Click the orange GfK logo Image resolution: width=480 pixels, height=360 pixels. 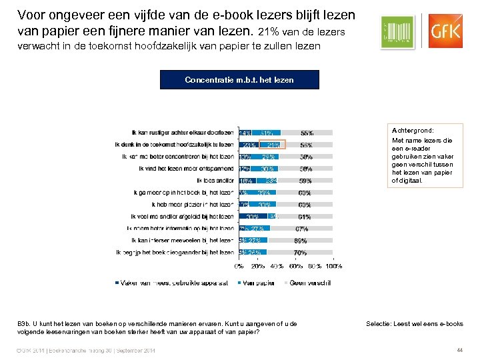pos(443,31)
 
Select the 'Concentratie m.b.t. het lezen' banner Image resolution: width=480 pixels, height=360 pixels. pos(239,80)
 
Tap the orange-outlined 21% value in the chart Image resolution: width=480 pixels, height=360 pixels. pos(273,145)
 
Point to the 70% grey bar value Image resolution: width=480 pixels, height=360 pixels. pos(301,253)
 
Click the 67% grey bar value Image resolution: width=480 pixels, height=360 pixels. pos(301,229)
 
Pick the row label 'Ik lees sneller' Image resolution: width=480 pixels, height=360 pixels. pos(215,181)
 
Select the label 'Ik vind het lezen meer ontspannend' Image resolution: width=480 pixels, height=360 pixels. pos(186,169)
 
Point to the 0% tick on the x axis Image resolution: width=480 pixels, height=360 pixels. pos(239,266)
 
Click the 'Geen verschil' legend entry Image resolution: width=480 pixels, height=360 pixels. pos(307,283)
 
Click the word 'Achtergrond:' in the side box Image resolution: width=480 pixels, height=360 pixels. pos(412,131)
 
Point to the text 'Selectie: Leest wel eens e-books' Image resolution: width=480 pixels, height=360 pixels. pos(415,324)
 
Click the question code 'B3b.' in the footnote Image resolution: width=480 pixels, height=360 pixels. pos(24,324)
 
